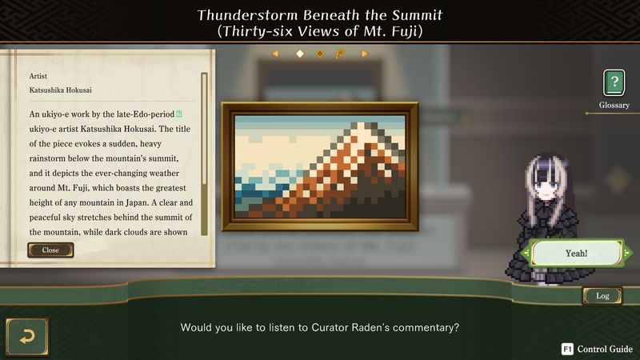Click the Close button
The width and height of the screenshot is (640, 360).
[x=50, y=250]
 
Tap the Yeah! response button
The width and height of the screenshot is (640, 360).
[x=576, y=253]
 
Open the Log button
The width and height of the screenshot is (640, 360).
[x=602, y=296]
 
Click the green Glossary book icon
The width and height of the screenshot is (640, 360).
[x=614, y=83]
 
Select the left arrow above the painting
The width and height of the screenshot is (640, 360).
[x=275, y=54]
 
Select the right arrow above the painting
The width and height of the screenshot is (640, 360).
[x=364, y=54]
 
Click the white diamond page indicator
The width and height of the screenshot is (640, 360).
[x=300, y=54]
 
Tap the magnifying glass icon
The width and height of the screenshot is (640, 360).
[x=339, y=54]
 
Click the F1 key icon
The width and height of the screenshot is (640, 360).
[x=567, y=349]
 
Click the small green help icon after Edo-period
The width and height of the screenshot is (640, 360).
[x=178, y=114]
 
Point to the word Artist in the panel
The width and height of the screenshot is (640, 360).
[x=38, y=76]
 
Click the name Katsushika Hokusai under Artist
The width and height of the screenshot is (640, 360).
[x=61, y=90]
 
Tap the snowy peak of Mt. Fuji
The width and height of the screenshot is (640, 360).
[x=362, y=129]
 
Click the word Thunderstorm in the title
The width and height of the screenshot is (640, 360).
[x=248, y=15]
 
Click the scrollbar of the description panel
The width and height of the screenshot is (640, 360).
[x=204, y=154]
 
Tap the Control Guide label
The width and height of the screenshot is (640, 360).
[x=605, y=349]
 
